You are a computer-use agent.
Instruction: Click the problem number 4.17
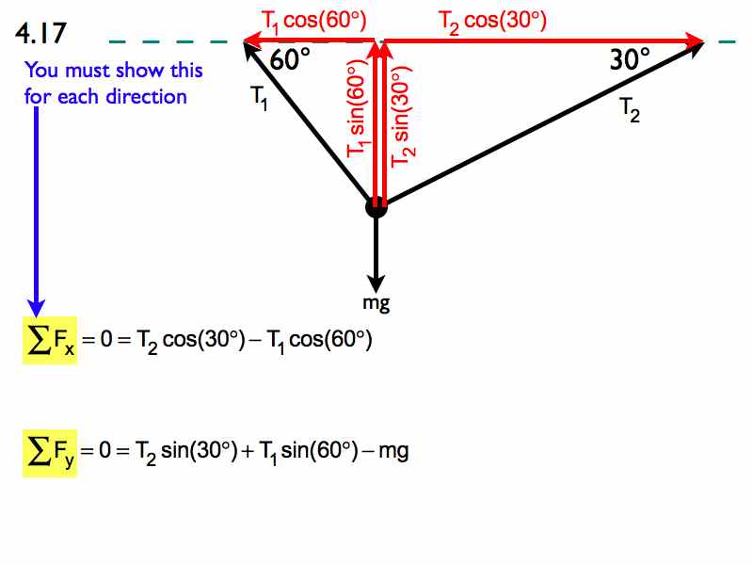(x=40, y=33)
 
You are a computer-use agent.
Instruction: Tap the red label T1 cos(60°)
(x=314, y=22)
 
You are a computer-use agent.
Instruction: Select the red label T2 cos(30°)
(x=492, y=22)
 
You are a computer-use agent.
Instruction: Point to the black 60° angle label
(x=290, y=59)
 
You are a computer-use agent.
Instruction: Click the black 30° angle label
(x=630, y=59)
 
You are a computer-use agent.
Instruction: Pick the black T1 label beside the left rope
(x=260, y=98)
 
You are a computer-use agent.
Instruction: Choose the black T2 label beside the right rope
(x=630, y=110)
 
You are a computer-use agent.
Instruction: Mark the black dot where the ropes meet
(x=376, y=207)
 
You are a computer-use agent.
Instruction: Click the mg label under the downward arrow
(x=376, y=303)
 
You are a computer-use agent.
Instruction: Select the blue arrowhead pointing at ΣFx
(x=36, y=308)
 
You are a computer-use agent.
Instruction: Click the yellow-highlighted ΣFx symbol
(x=50, y=340)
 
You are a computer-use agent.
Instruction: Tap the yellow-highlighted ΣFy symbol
(x=50, y=453)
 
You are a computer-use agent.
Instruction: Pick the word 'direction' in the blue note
(x=146, y=97)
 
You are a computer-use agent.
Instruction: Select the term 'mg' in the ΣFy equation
(x=393, y=453)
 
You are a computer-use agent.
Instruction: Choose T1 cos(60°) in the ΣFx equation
(x=319, y=341)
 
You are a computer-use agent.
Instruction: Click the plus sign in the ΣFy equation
(x=248, y=452)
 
